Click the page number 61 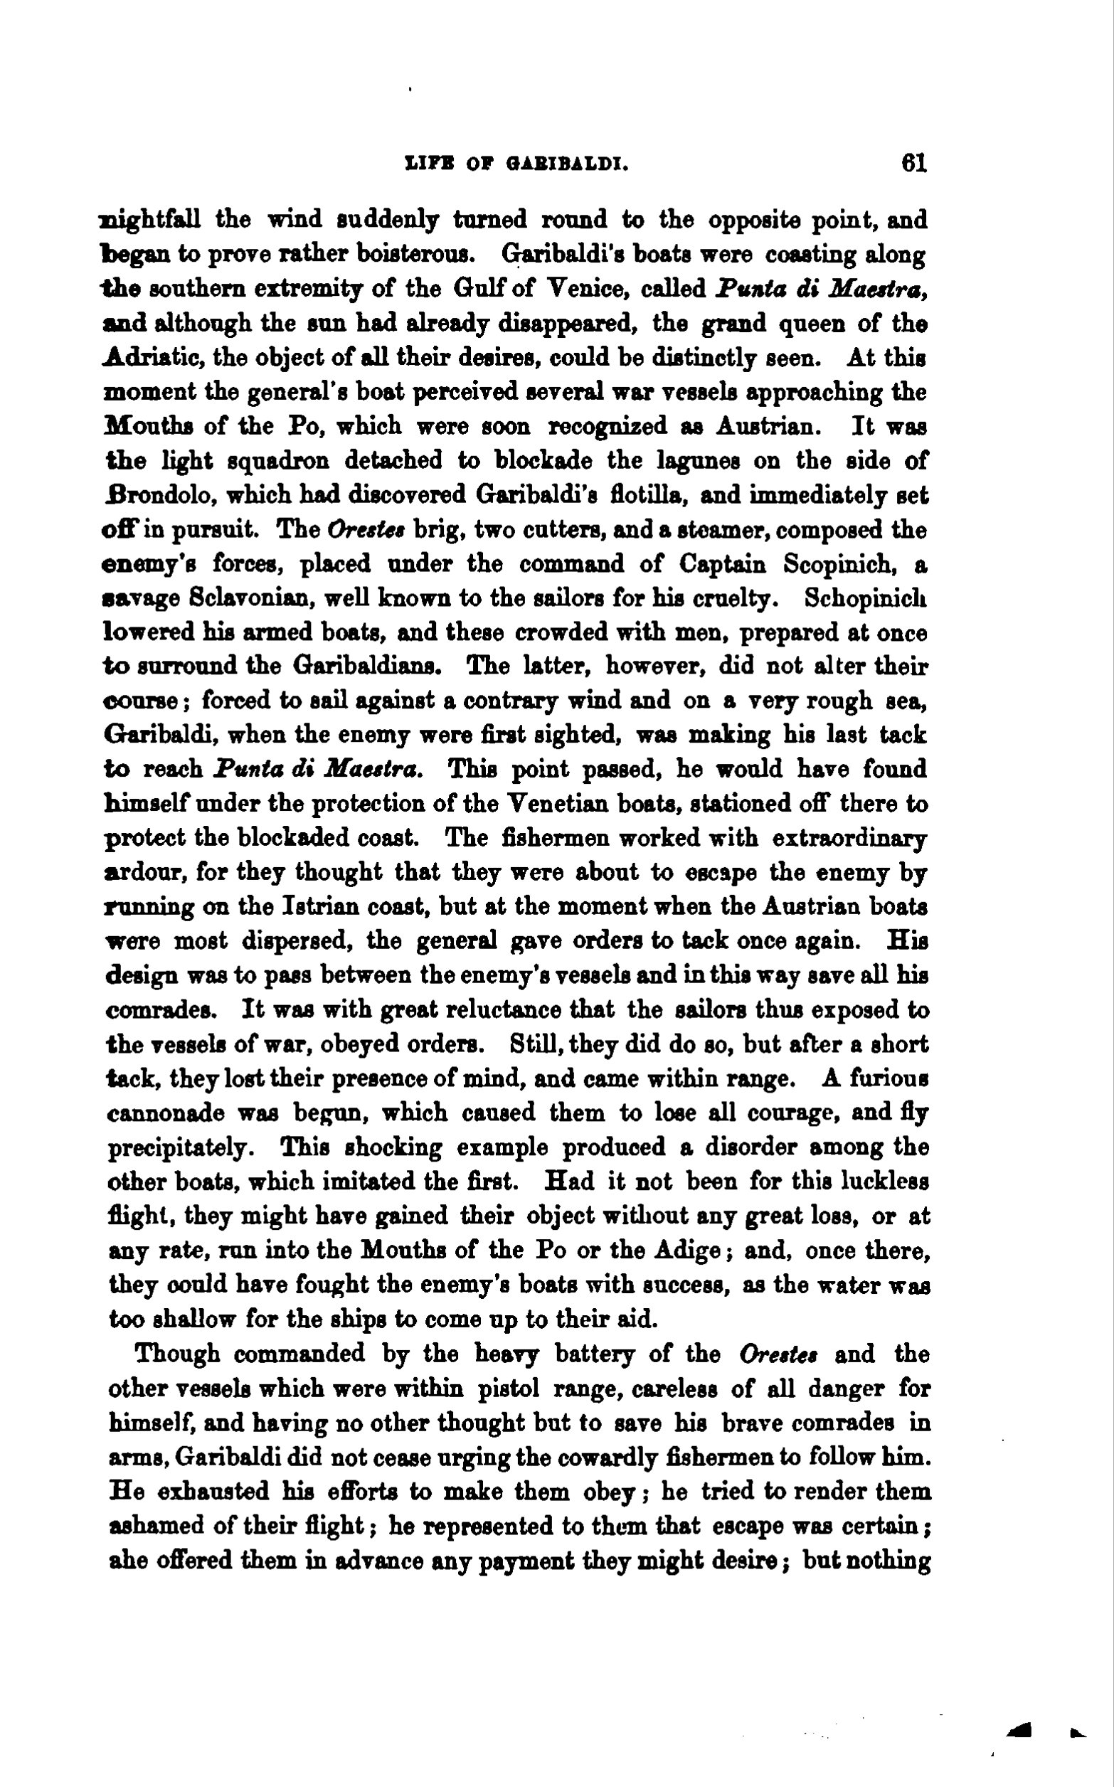click(x=913, y=162)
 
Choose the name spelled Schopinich click(x=865, y=599)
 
